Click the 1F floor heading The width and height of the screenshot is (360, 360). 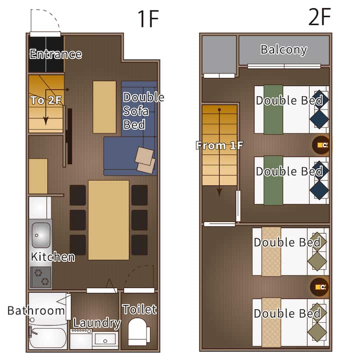(x=148, y=19)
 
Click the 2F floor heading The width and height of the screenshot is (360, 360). (x=319, y=16)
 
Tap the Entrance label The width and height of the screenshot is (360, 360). (x=55, y=54)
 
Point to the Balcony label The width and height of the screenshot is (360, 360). (x=284, y=50)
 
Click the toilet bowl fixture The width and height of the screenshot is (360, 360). (x=138, y=332)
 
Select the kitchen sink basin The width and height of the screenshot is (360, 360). (x=41, y=234)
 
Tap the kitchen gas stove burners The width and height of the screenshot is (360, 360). (x=41, y=277)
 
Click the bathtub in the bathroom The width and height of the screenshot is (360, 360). (x=47, y=337)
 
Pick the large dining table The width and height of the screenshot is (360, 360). (x=108, y=220)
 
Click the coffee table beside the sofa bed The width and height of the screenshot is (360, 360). (x=104, y=107)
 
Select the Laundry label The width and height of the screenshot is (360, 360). (x=96, y=323)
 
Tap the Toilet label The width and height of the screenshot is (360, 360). (x=139, y=309)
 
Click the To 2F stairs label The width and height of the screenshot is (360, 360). (x=46, y=100)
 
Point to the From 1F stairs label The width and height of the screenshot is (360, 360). (x=219, y=145)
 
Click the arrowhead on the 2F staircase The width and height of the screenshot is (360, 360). (x=219, y=192)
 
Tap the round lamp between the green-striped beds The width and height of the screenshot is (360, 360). (x=320, y=145)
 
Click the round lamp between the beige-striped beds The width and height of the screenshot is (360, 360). (x=319, y=287)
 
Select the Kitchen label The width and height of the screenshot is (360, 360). (x=53, y=257)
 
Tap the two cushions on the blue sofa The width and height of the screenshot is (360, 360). (x=145, y=160)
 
